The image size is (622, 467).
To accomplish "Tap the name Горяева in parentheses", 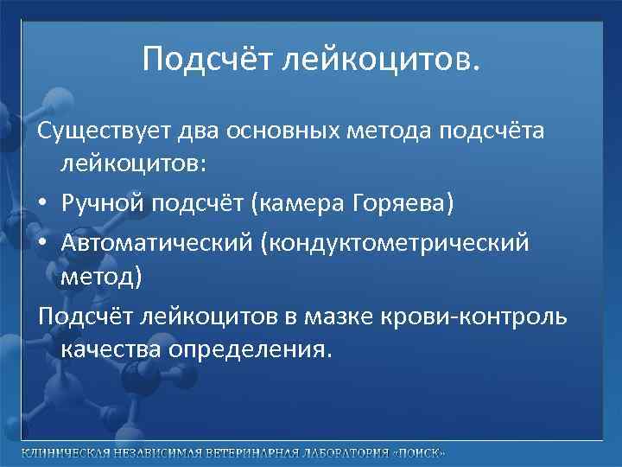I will pos(401,203).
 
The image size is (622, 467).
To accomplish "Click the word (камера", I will pos(287,203).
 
